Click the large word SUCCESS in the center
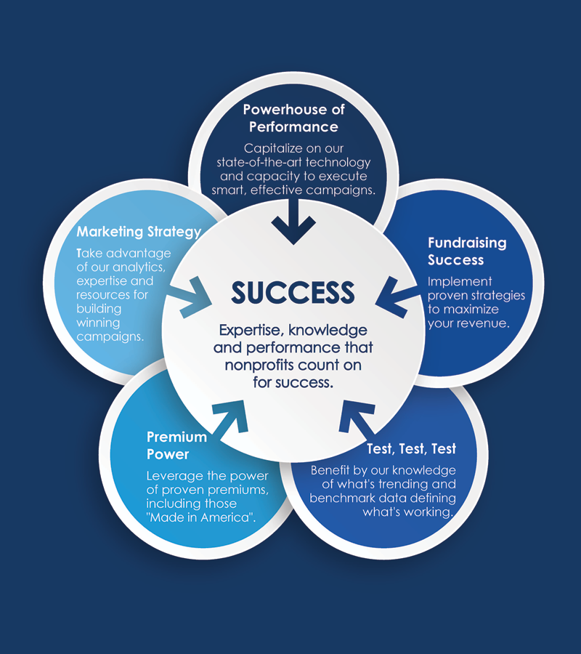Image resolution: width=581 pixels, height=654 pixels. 293,292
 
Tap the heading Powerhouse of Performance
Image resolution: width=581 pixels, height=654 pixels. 294,118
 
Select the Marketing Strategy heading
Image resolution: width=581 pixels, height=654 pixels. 139,232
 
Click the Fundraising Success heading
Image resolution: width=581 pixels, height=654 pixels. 467,251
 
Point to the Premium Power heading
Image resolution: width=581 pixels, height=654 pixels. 176,445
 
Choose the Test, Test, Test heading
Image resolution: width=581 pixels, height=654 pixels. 411,449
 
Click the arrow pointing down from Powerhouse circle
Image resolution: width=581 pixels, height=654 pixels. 293,222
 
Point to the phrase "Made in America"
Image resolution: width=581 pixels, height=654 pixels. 201,517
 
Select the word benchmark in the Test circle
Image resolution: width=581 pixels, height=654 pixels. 336,498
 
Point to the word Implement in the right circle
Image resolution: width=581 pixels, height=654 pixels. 460,282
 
